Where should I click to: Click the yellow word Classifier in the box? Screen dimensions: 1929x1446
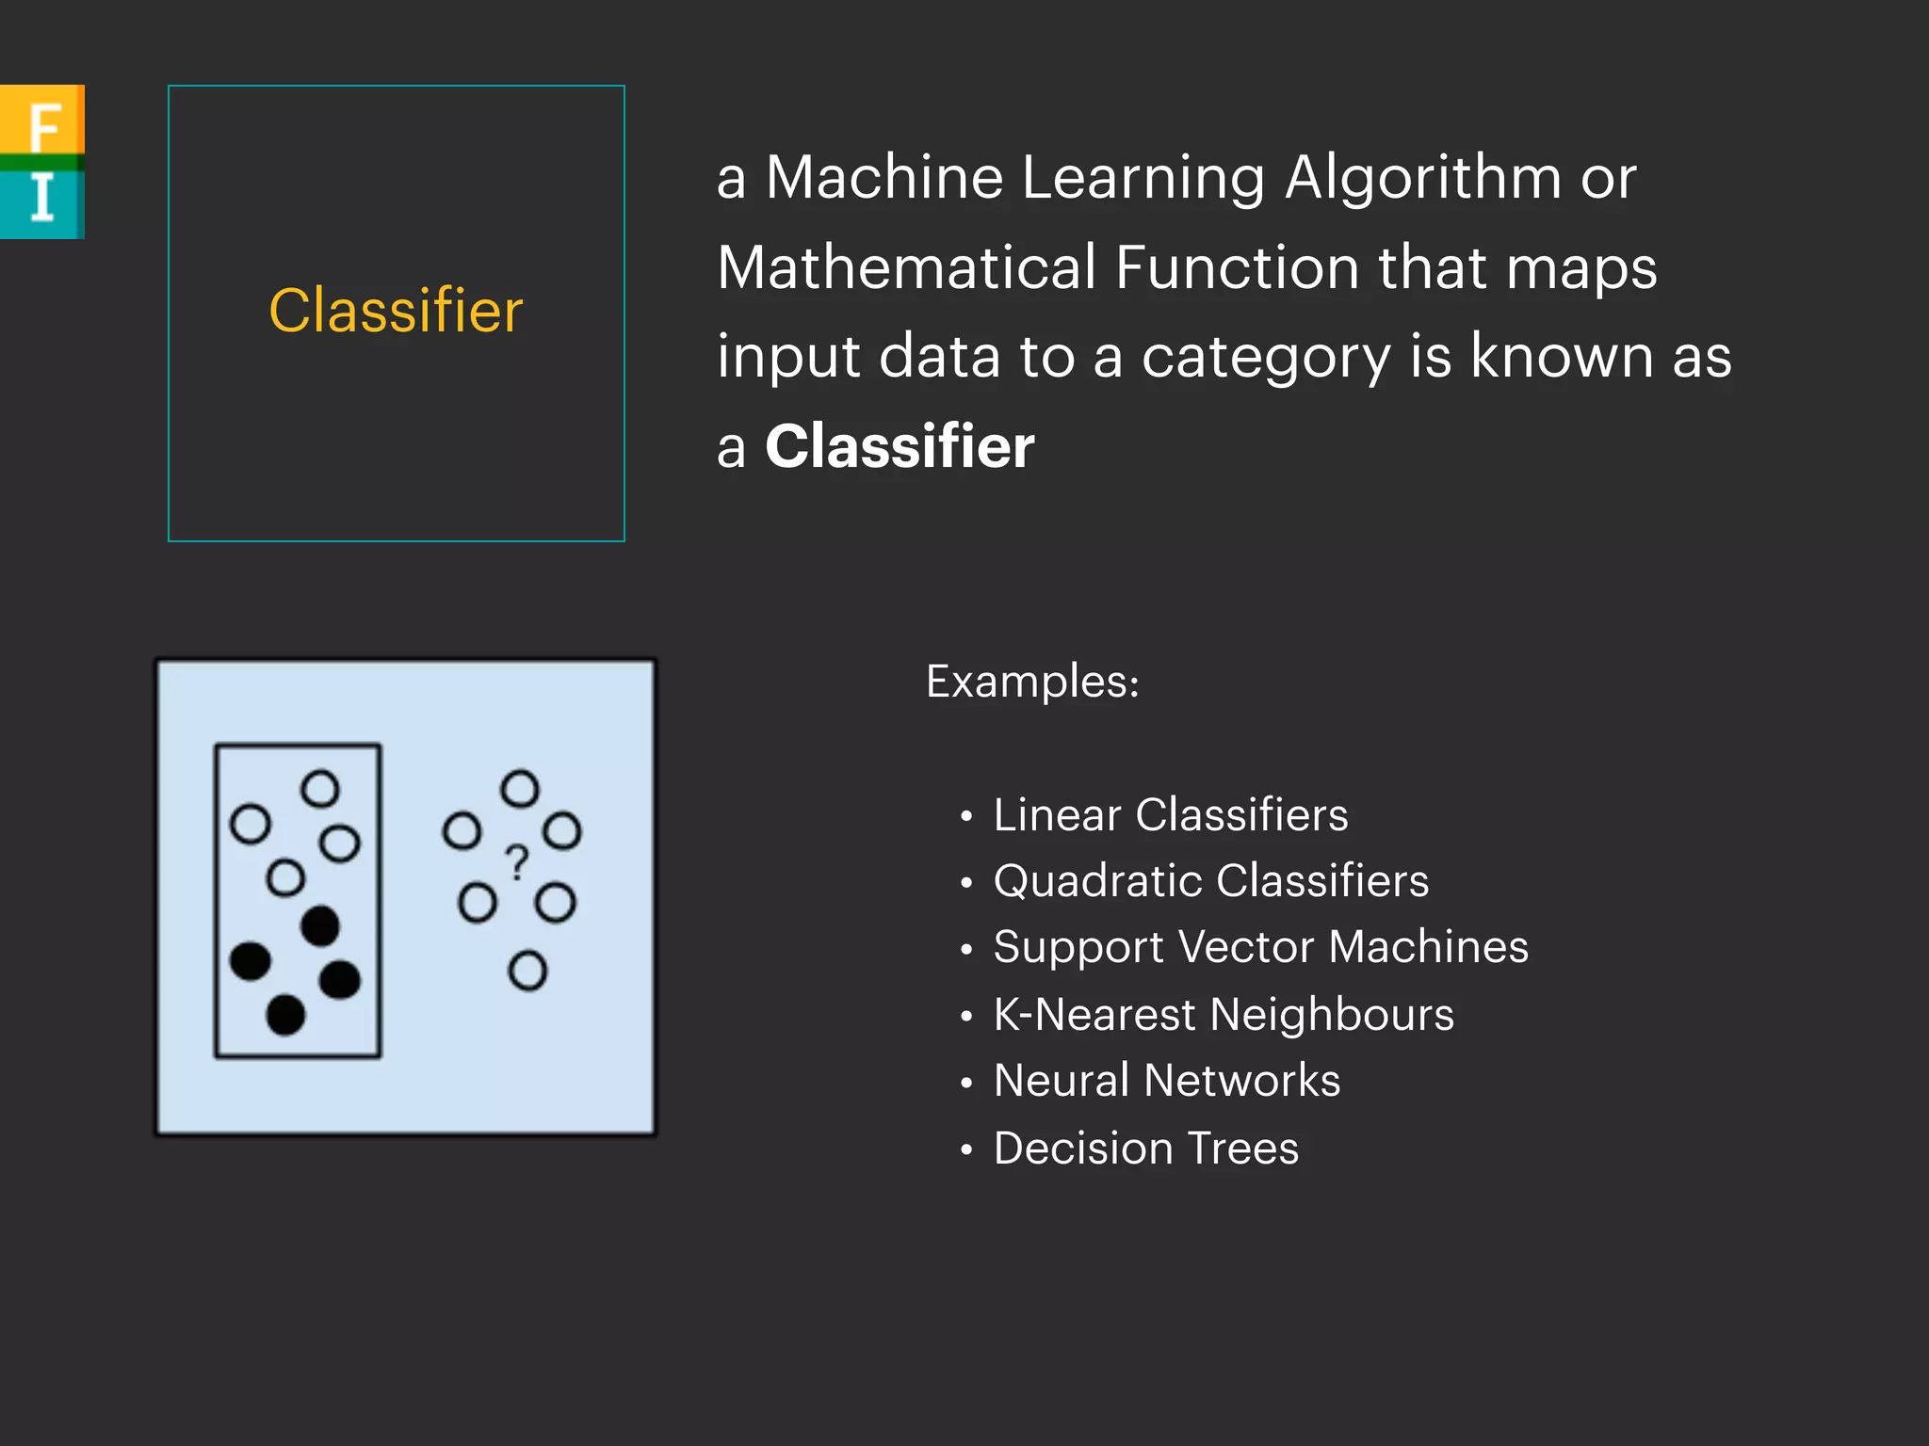[x=396, y=311]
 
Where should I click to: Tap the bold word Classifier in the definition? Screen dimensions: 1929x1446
[x=900, y=446]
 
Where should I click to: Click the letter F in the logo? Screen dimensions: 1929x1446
[x=43, y=125]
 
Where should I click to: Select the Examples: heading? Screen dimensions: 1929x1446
[x=1032, y=682]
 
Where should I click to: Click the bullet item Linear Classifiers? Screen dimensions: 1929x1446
[x=1171, y=815]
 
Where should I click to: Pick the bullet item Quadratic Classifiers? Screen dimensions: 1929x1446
[x=1211, y=881]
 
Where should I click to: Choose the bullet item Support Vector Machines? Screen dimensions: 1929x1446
[x=1260, y=947]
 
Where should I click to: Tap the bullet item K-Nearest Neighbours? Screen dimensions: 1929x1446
[x=1224, y=1015]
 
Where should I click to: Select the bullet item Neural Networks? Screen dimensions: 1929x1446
[x=1167, y=1081]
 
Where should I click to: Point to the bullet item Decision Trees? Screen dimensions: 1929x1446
[x=1146, y=1149]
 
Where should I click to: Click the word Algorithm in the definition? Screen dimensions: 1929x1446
[x=1423, y=178]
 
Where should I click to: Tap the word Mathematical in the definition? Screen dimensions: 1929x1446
[x=907, y=267]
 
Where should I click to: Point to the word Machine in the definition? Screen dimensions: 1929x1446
[x=884, y=178]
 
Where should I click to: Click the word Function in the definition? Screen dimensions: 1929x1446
[x=1238, y=267]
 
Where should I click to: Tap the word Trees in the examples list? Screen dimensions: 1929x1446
[x=1242, y=1149]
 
